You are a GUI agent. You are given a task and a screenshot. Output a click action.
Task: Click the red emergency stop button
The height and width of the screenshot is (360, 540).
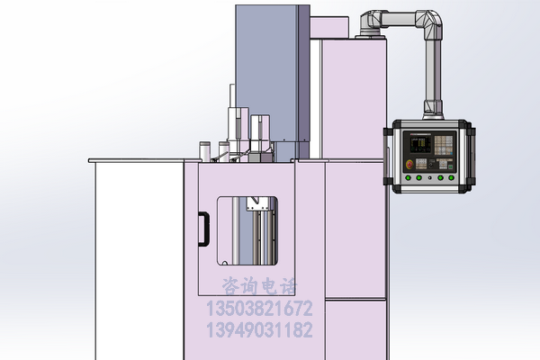409,165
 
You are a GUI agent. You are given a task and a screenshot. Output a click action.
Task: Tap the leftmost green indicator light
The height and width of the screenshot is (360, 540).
408,178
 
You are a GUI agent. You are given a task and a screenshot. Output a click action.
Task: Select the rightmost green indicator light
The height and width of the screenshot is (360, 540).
451,178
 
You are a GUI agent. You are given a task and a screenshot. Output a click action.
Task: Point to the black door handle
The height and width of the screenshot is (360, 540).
203,229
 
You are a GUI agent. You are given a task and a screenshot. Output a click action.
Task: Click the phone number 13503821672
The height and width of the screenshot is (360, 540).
259,309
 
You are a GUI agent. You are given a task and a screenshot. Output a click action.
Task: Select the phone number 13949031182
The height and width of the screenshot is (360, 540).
259,329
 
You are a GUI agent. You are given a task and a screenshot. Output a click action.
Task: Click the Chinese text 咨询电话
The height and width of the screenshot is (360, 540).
259,286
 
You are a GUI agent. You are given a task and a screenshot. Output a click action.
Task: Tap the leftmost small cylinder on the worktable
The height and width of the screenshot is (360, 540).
205,151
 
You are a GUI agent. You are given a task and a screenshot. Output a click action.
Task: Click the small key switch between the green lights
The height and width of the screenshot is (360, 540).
429,178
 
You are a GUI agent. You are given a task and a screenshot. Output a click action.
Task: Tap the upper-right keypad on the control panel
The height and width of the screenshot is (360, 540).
443,145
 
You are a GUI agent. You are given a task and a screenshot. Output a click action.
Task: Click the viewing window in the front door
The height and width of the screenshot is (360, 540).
247,230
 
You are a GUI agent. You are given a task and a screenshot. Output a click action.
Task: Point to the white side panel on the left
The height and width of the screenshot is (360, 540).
139,261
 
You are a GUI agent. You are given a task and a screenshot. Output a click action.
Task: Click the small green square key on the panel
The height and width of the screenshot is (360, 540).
451,166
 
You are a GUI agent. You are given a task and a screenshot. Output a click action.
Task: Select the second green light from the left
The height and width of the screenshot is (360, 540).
418,178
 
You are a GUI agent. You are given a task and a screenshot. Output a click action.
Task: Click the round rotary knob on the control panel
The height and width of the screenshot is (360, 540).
431,165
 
